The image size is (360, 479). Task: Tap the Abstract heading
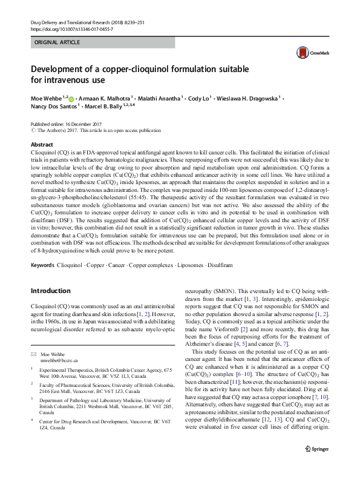(42, 145)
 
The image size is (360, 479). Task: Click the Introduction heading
(51, 291)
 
